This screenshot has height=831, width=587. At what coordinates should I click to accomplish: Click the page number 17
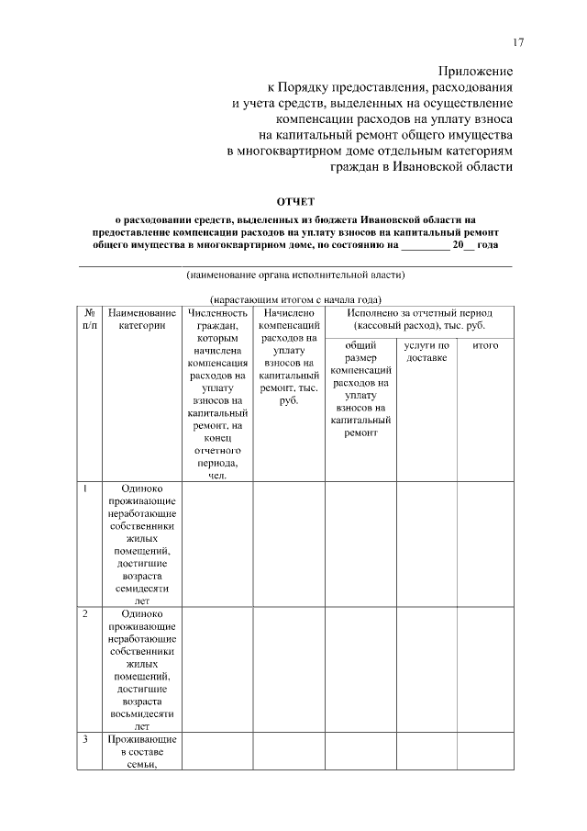coord(518,42)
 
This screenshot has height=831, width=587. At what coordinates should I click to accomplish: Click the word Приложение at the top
coord(475,71)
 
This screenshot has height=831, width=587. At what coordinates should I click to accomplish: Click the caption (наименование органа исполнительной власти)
coord(295,274)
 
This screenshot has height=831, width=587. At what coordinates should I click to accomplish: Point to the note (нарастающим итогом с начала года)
coord(295,299)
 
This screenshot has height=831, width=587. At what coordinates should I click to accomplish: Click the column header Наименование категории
coord(142,319)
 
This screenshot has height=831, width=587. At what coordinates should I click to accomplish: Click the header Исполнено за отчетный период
coord(418,319)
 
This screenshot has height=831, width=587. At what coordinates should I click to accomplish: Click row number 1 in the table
coord(84,488)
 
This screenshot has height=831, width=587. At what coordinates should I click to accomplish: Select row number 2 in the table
coord(84,612)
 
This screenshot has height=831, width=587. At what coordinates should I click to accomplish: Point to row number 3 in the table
coord(84,738)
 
